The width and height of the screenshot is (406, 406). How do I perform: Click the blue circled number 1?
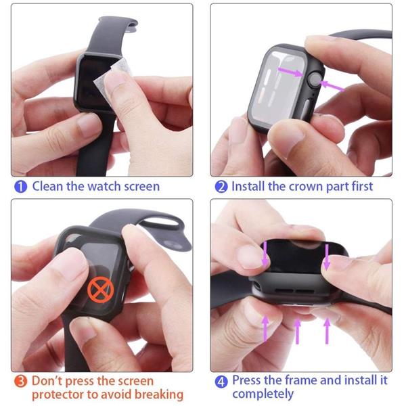[x=21, y=187]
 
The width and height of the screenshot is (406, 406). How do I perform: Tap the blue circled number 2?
[x=221, y=187]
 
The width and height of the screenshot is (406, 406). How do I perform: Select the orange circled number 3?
[x=20, y=382]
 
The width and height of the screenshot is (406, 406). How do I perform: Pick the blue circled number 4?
[x=221, y=382]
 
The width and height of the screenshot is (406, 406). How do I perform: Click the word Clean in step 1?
[x=47, y=186]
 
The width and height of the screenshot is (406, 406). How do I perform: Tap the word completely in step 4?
[x=263, y=394]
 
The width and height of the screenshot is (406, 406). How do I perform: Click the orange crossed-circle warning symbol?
[x=100, y=290]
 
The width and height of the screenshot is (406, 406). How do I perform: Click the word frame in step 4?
[x=301, y=380]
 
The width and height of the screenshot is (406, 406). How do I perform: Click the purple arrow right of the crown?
[x=332, y=86]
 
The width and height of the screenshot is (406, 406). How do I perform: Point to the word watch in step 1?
[x=104, y=186]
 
